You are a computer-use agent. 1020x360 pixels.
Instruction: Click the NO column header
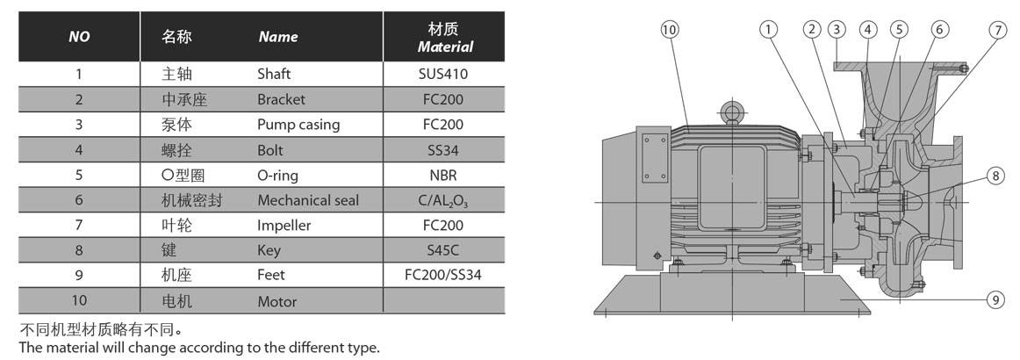(x=79, y=37)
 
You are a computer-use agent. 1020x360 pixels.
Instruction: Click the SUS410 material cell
(x=444, y=74)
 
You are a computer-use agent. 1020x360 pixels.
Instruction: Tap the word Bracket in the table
(x=281, y=99)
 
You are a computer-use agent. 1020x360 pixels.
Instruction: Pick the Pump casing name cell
(x=298, y=125)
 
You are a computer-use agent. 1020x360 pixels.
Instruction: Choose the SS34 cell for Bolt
(x=444, y=150)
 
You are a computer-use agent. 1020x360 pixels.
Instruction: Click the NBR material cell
(x=444, y=175)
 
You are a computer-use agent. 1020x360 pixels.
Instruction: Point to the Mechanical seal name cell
(x=308, y=200)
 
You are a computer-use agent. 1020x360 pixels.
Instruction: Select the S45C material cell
(x=444, y=250)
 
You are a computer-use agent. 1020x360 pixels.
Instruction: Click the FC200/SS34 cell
(x=444, y=276)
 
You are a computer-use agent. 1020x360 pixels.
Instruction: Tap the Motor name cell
(x=277, y=301)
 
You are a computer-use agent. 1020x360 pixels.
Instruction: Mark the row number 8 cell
(x=79, y=250)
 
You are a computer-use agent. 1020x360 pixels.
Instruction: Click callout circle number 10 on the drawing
(x=670, y=30)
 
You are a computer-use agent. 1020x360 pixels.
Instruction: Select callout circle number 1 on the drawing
(x=769, y=30)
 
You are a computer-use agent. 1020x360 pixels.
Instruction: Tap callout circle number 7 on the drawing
(x=997, y=30)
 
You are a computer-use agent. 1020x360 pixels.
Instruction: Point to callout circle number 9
(x=995, y=300)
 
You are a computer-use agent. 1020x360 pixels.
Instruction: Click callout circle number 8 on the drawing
(x=995, y=176)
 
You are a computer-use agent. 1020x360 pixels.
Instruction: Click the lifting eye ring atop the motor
(x=730, y=112)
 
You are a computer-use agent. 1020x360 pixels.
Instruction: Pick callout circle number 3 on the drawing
(x=836, y=30)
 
